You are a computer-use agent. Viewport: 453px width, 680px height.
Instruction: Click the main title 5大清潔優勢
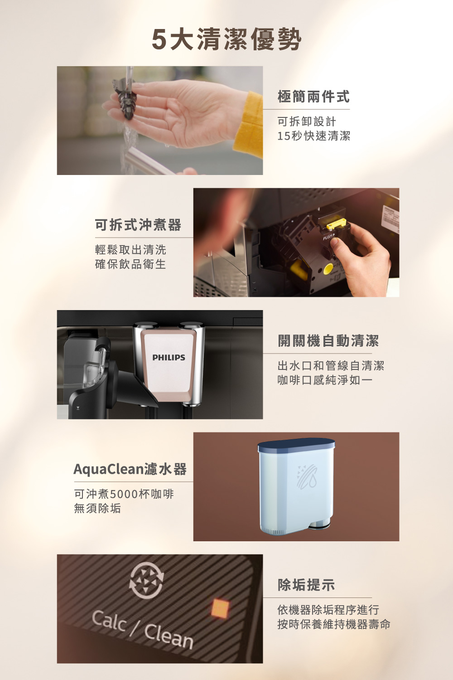[226, 39]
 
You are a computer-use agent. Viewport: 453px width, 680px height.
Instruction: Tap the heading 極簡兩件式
[313, 97]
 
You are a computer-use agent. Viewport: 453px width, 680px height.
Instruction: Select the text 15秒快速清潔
[313, 136]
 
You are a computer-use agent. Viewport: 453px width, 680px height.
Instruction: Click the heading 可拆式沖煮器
[138, 225]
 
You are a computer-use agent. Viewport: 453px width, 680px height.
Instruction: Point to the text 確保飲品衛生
[130, 264]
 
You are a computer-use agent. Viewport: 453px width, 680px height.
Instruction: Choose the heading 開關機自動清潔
[328, 340]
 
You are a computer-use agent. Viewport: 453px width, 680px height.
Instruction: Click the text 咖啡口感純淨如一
[325, 380]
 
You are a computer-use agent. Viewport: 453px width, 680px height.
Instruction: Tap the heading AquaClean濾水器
[130, 469]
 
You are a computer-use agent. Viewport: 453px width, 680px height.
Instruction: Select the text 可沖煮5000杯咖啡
[124, 494]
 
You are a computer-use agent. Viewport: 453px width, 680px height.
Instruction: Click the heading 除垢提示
[306, 585]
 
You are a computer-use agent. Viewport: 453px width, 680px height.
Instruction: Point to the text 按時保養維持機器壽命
[334, 624]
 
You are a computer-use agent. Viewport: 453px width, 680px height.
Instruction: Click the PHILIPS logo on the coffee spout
[169, 358]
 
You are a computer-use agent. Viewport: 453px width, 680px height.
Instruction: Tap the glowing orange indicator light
[220, 608]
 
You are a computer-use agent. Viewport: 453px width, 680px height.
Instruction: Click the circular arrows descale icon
[146, 580]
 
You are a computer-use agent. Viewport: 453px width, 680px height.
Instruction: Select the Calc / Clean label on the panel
[143, 629]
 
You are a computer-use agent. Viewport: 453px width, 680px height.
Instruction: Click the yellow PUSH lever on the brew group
[336, 224]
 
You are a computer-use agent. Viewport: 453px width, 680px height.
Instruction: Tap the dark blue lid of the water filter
[297, 445]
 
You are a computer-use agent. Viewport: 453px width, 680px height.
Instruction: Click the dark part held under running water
[125, 97]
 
